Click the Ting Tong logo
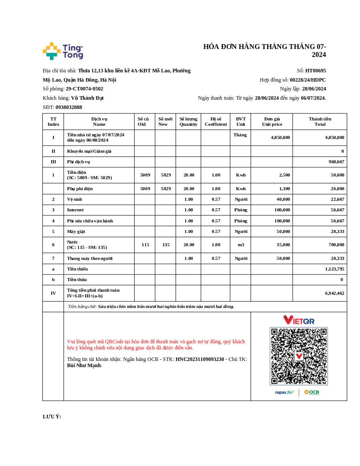pyautogui.click(x=63, y=51)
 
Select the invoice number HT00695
pyautogui.click(x=315, y=71)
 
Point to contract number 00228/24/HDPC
pyautogui.click(x=307, y=80)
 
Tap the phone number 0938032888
pyautogui.click(x=68, y=107)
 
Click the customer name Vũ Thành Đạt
pyautogui.click(x=87, y=98)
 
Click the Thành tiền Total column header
pyautogui.click(x=320, y=121)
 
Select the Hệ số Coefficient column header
pyautogui.click(x=216, y=121)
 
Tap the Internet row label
pyautogui.click(x=75, y=210)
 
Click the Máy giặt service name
pyautogui.click(x=76, y=232)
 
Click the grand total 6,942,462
pyautogui.click(x=334, y=293)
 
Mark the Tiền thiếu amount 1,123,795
pyautogui.click(x=334, y=269)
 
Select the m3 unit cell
pyautogui.click(x=240, y=245)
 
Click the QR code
pyautogui.click(x=299, y=356)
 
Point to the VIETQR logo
pyautogui.click(x=299, y=319)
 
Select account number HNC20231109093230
pyautogui.click(x=199, y=359)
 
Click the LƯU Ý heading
pyautogui.click(x=52, y=417)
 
